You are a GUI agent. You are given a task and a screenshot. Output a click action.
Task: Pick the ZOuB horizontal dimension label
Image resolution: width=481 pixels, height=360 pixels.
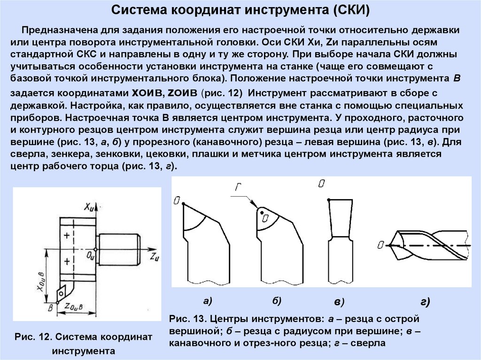pyautogui.click(x=75, y=307)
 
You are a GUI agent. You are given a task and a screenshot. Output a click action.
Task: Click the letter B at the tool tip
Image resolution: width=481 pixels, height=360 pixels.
pyautogui.click(x=50, y=308)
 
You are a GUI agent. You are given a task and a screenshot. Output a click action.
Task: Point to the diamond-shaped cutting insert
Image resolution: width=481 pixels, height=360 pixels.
pyautogui.click(x=61, y=293)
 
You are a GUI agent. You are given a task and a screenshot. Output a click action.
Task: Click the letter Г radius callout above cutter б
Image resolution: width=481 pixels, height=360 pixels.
pyautogui.click(x=239, y=188)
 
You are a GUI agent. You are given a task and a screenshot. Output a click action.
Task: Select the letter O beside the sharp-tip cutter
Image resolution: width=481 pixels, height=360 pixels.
pyautogui.click(x=176, y=201)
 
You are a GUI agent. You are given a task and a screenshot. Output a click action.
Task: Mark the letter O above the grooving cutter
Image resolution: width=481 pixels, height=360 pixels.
pyautogui.click(x=321, y=184)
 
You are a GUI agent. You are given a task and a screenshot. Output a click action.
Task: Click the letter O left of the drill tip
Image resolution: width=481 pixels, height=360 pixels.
pyautogui.click(x=381, y=245)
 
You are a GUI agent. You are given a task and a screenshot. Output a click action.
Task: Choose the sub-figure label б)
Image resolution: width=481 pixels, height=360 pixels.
pyautogui.click(x=276, y=300)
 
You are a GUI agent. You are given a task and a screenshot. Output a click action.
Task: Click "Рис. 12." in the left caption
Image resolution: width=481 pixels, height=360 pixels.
pyautogui.click(x=32, y=337)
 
